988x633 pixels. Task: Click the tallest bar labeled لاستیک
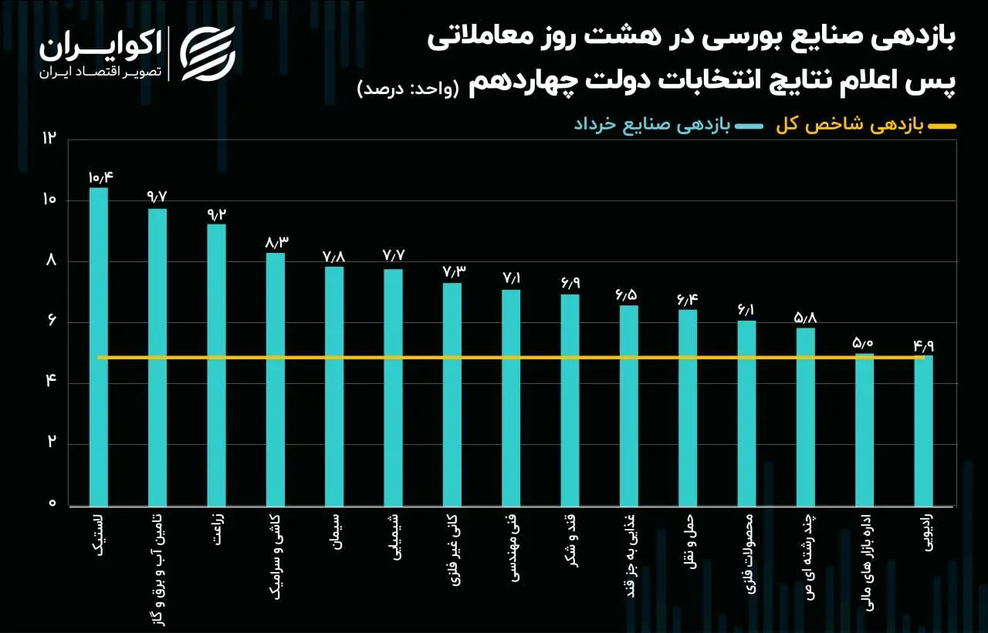pos(98,347)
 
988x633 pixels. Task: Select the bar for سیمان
pos(334,386)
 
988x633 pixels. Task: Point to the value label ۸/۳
pos(276,242)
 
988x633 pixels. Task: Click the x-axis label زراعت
pos(215,533)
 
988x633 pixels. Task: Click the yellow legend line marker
pos(941,126)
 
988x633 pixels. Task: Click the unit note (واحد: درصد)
pos(408,88)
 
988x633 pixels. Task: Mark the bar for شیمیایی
pos(393,386)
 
